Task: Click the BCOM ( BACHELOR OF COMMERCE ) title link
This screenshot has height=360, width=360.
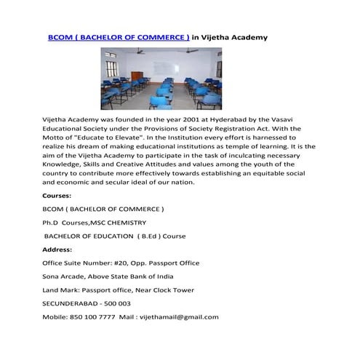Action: [x=119, y=36]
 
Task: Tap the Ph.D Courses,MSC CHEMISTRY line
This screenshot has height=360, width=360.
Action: [x=95, y=222]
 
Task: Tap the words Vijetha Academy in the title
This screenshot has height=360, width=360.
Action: [x=233, y=36]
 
